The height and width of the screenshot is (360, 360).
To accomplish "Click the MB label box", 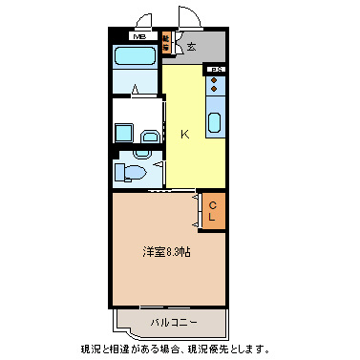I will (x=139, y=37).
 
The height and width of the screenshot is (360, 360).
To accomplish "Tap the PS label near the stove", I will (x=216, y=70).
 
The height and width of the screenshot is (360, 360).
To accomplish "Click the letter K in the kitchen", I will (x=184, y=134).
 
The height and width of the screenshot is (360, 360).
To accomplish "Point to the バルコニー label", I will (x=173, y=322).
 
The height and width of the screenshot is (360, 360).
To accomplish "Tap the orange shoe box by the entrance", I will (x=165, y=43).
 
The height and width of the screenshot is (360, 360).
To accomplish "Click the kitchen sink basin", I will (x=214, y=122).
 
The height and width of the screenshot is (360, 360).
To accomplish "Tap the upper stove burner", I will (x=214, y=79).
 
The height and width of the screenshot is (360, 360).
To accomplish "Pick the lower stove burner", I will (x=214, y=90).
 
